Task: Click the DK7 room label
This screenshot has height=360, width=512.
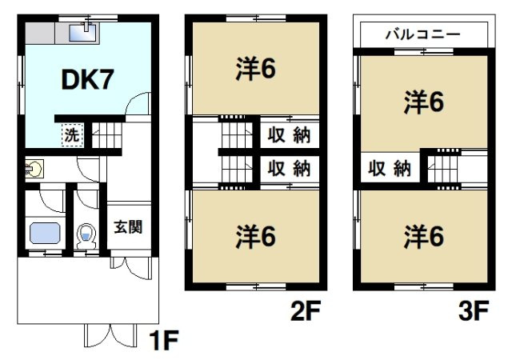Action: point(87,80)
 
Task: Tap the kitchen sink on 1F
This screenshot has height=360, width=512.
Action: point(82,33)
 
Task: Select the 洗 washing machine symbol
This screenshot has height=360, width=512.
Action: point(73,135)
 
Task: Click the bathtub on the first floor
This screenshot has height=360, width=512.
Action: point(45,234)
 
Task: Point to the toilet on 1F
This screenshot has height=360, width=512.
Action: point(86,236)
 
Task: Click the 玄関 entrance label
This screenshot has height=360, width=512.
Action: point(128,227)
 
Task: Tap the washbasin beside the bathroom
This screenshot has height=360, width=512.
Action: point(34,169)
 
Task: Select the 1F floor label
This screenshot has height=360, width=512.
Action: point(163,340)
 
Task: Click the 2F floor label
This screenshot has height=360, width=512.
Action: point(306,310)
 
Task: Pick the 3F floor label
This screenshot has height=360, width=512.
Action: point(474,310)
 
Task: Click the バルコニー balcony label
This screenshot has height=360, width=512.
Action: point(423,34)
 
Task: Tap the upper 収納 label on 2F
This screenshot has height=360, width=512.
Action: point(289,134)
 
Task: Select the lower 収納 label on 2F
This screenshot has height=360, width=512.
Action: point(289,168)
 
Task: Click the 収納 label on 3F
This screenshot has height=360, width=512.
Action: point(390,168)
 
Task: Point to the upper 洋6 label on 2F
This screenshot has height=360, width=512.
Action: point(256,69)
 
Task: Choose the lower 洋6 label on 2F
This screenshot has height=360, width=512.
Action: point(256,236)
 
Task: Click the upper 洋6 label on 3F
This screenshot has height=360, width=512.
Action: point(424,102)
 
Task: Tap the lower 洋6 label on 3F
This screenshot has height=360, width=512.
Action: point(424,236)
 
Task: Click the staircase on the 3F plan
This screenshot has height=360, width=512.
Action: point(444,169)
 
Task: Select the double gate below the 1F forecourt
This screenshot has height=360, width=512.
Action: point(110,336)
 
